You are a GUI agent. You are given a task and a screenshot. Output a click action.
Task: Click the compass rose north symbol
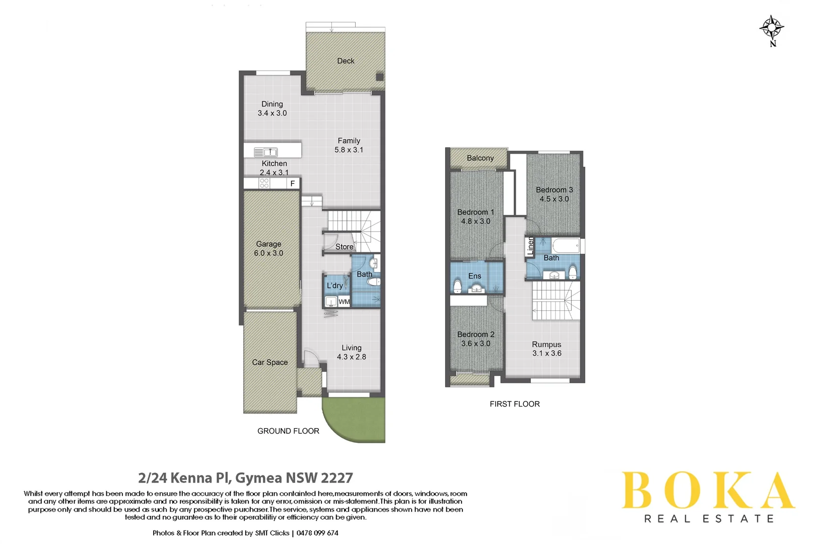[x=772, y=29]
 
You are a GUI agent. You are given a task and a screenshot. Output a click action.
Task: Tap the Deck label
[x=346, y=61]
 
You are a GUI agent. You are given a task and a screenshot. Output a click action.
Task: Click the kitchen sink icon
[x=265, y=152]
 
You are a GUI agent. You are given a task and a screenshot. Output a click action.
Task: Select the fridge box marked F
[x=293, y=183]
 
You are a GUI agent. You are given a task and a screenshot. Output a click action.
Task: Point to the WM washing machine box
[x=344, y=302]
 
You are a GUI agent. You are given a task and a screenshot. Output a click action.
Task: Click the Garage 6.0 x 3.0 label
[x=268, y=248]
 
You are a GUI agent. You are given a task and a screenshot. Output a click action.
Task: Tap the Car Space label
[x=270, y=362]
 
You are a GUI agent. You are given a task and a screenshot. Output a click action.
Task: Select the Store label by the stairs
[x=345, y=247]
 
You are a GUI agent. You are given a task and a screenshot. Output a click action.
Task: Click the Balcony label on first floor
[x=480, y=158]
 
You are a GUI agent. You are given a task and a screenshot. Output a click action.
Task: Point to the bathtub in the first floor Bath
[x=566, y=246]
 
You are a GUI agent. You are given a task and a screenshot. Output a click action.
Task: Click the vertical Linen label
[x=530, y=247]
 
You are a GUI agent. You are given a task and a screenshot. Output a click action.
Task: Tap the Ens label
[x=474, y=276]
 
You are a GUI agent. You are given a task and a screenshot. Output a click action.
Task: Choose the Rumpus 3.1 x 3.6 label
[x=547, y=349]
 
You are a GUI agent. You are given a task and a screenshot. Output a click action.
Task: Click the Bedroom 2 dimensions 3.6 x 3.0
[x=475, y=344]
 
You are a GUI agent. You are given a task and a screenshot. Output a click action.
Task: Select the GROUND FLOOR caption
[x=288, y=431]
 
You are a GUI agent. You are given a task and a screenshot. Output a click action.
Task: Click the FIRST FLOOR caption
[x=514, y=404]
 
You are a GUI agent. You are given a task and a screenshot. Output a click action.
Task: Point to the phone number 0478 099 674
[x=317, y=533]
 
